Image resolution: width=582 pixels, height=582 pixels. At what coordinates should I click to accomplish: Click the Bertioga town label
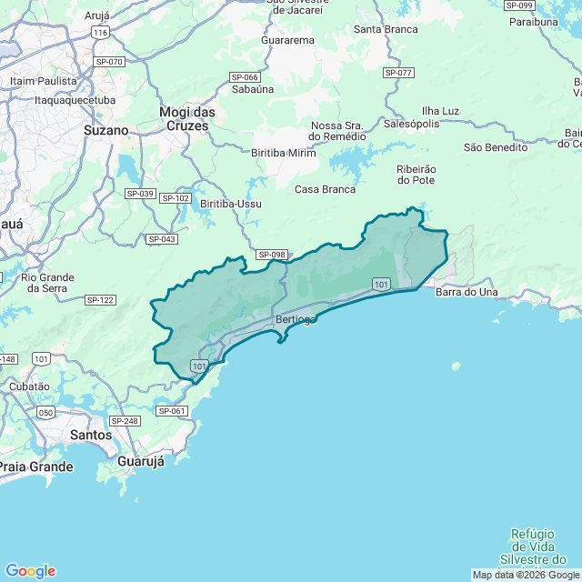295,320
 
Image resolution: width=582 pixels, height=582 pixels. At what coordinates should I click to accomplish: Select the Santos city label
91,435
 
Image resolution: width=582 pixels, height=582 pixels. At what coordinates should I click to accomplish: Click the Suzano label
105,130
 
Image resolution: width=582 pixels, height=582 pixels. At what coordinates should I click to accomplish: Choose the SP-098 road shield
271,255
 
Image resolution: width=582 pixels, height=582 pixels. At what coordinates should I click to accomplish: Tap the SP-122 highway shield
100,299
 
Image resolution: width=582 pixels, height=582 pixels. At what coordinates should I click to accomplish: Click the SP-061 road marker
171,411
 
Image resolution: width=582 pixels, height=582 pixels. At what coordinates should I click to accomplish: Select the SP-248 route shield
124,421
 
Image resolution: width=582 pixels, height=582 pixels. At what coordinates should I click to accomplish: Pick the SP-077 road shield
398,72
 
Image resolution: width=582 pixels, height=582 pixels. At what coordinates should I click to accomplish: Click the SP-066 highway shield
244,77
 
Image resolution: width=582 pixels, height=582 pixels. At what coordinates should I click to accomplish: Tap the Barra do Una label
467,292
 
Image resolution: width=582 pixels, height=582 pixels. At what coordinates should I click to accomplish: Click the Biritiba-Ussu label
231,204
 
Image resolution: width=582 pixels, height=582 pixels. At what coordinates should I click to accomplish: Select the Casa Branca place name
325,189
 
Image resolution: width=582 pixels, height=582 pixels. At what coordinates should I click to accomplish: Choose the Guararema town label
287,40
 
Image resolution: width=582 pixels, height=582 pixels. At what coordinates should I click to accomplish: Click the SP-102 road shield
175,197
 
